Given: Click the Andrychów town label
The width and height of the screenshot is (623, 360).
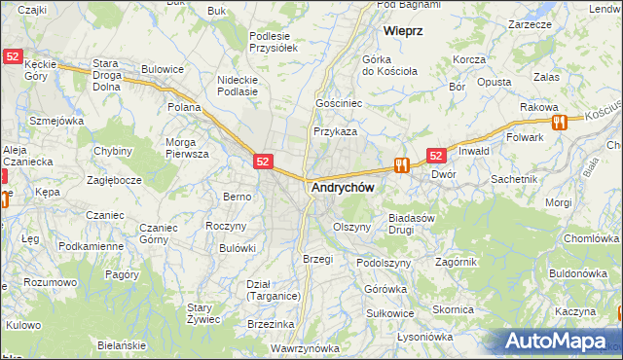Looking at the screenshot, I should tap(342, 189).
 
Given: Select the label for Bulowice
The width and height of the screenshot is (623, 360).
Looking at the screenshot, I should tap(163, 69).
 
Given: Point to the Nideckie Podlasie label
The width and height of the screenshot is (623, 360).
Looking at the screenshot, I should tap(238, 86).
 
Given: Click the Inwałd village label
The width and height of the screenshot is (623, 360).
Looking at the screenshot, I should tap(474, 151).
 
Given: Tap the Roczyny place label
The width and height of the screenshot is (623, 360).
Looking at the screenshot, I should tap(226, 225).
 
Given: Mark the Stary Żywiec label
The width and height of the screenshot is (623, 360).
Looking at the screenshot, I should tap(206, 313).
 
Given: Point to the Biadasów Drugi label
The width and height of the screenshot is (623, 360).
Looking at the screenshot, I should tap(411, 225).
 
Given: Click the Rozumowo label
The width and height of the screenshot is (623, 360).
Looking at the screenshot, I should tap(51, 282).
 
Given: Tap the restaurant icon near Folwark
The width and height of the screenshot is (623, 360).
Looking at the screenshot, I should tap(559, 123).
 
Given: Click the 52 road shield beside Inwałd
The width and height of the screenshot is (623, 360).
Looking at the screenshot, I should tap(435, 156).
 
